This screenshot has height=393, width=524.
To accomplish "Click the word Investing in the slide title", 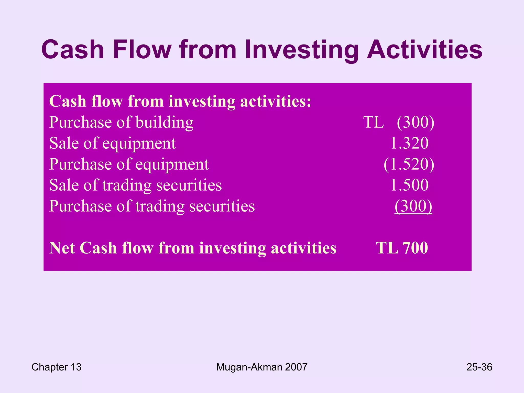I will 302,50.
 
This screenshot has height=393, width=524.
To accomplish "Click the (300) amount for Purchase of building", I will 415,122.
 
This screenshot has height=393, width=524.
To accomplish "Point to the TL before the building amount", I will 374,122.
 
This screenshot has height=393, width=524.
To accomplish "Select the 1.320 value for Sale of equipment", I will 409,143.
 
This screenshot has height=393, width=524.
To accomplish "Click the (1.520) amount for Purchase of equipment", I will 409,164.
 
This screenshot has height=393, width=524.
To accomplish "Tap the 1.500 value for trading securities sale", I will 409,185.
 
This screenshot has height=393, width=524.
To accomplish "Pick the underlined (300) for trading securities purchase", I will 413,206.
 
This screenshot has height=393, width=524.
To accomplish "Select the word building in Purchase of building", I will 164,122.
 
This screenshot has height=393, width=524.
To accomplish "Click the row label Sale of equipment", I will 112,143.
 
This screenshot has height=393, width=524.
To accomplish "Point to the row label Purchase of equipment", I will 129,164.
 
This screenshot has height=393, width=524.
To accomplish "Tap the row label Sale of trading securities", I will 135,185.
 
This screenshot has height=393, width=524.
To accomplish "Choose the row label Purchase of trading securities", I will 152,206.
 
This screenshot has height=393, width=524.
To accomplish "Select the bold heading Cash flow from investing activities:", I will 180,101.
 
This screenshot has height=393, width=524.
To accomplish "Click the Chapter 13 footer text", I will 56,367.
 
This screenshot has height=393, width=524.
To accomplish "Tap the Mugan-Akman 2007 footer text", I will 261,367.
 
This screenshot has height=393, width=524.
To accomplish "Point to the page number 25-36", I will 479,367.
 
